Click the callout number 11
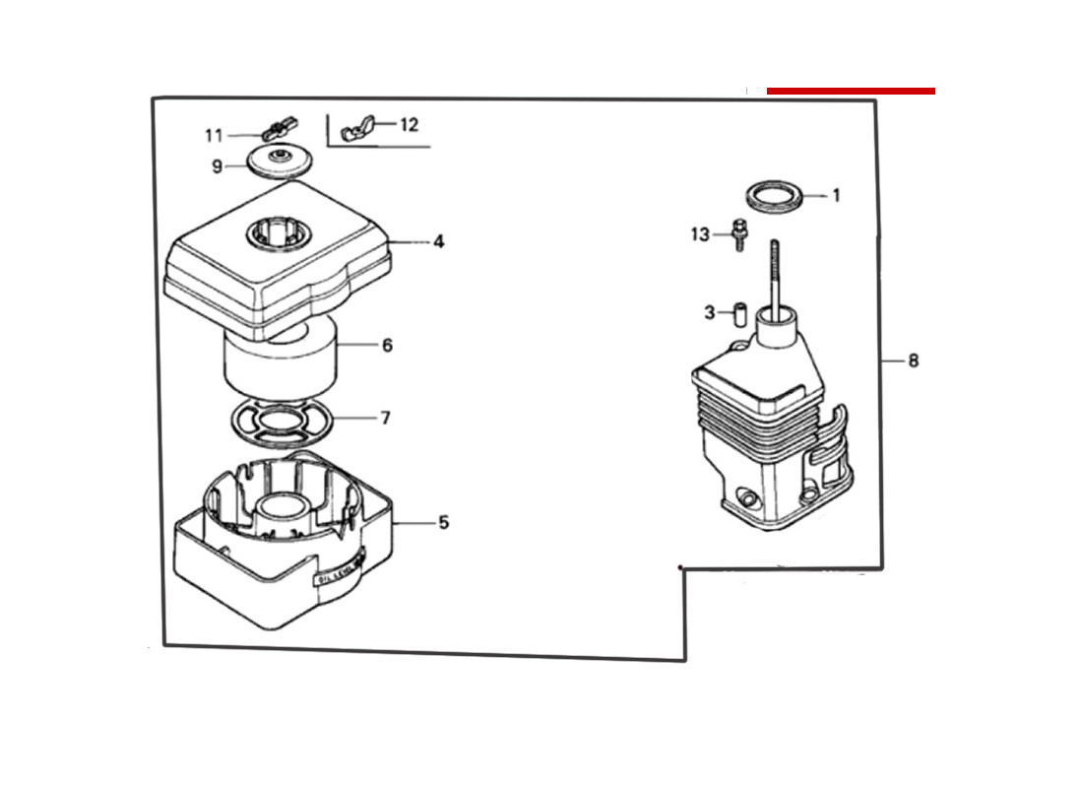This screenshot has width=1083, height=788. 214,135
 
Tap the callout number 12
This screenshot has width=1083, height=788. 409,125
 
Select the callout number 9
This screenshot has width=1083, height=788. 217,166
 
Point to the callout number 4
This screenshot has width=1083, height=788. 438,241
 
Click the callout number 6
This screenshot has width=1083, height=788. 387,346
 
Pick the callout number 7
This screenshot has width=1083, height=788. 386,419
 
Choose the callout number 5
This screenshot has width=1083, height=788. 443,522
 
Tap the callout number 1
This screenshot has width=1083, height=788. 836,196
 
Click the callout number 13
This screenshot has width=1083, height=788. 700,234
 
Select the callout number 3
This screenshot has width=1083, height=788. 709,313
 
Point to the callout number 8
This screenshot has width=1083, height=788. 914,361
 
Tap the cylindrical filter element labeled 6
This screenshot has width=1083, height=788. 281,360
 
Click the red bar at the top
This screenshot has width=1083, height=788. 851,91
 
